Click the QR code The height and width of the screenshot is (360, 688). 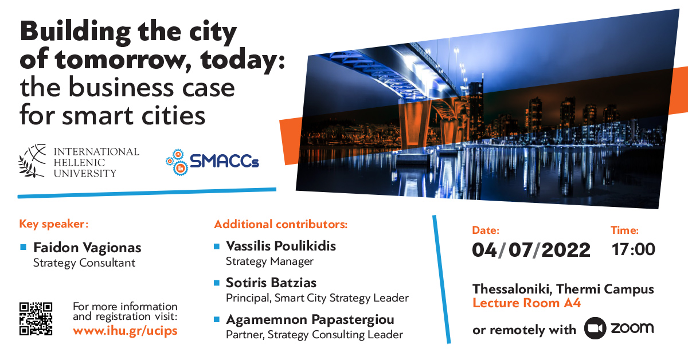coord(36,319)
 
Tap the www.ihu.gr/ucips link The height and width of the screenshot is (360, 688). coord(125,331)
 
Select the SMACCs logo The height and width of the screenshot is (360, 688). coord(213,162)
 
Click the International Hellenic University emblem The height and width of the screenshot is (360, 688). coord(32,161)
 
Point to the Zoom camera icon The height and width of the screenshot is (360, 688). coord(595,328)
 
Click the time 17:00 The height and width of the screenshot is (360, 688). coord(634,249)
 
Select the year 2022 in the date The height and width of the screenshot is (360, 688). coord(566,250)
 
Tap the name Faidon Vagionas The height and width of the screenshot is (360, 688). coord(87,248)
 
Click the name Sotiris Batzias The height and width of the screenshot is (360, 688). coord(271,283)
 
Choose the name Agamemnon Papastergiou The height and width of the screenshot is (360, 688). coord(310,320)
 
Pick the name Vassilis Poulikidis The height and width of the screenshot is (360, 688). coord(281,246)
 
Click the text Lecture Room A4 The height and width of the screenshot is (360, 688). coord(526,303)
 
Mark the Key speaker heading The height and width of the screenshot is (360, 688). coord(54,224)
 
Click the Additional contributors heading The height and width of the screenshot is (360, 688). coord(281,224)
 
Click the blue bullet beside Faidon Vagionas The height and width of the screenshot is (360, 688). coord(23,247)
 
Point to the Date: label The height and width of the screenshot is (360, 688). coord(486,230)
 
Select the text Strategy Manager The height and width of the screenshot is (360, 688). coord(269,262)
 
